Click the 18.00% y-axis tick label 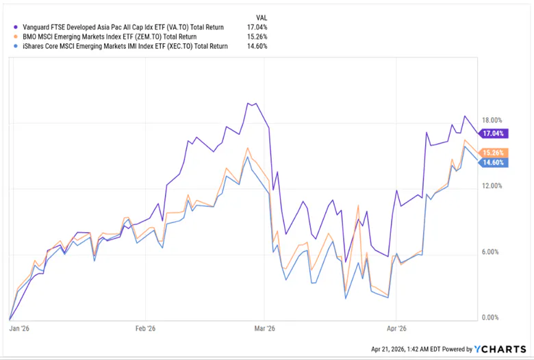coord(493,120)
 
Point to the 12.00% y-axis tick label coord(493,185)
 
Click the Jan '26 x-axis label coord(19,327)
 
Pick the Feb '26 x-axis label coord(146,327)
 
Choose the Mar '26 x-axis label coord(265,327)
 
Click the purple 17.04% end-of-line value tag coord(493,133)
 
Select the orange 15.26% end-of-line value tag coord(493,153)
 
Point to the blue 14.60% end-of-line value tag coord(493,163)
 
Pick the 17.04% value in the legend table coord(256,27)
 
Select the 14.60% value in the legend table coord(256,47)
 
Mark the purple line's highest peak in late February coord(255,103)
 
